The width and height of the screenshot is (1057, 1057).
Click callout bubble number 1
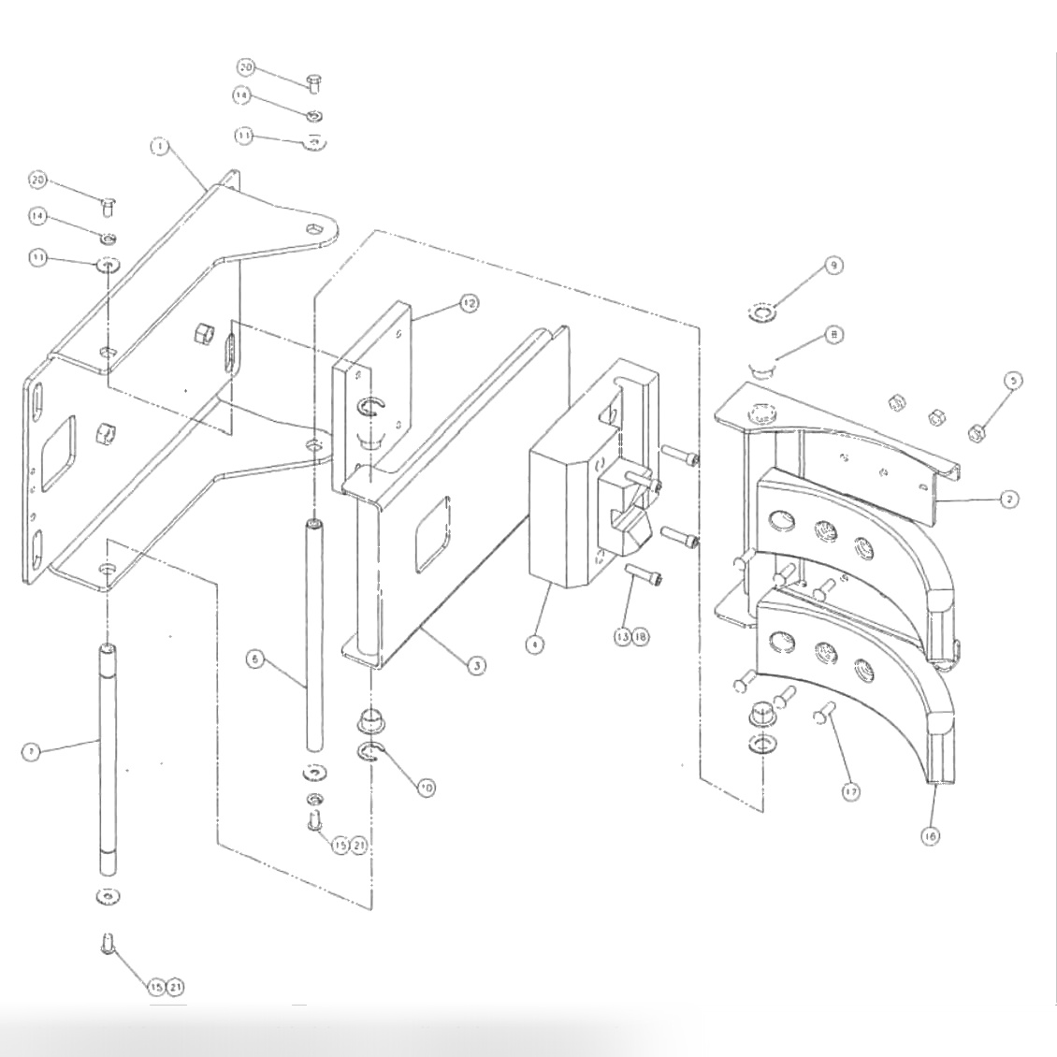click(160, 147)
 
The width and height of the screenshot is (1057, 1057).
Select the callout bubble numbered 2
click(1008, 500)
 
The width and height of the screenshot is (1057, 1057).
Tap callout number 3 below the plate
click(477, 666)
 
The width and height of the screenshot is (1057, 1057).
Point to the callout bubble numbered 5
click(1013, 381)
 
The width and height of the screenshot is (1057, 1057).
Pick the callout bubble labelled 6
click(252, 659)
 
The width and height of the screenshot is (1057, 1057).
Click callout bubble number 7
click(31, 752)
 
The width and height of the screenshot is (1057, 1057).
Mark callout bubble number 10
click(426, 788)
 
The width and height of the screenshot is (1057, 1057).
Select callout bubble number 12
click(468, 303)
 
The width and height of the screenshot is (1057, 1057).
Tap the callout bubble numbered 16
click(930, 836)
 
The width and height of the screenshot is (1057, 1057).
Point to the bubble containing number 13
click(623, 637)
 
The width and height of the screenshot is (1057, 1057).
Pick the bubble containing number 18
click(641, 637)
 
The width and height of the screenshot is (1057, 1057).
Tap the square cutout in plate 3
click(435, 533)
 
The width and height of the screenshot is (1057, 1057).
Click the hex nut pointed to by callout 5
click(973, 432)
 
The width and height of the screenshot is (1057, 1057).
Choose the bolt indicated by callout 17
click(824, 715)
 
